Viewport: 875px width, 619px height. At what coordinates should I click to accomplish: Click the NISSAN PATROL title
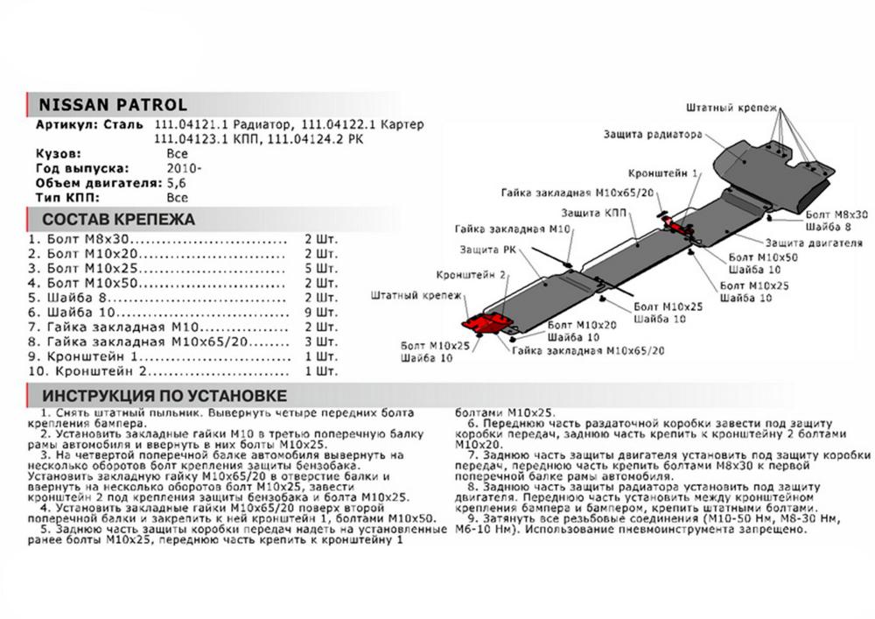coord(113,105)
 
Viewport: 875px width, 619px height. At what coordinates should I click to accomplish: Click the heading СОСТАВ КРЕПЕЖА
coord(118,219)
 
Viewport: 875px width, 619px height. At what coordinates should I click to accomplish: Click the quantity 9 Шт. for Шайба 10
coord(319,312)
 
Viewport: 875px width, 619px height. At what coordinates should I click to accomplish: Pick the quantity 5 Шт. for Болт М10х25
coord(319,268)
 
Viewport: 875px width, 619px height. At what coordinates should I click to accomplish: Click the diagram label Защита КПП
coord(594,214)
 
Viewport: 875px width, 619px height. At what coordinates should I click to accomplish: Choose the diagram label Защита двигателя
coord(806,242)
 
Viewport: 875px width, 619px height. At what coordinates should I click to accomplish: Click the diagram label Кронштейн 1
coord(662,173)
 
